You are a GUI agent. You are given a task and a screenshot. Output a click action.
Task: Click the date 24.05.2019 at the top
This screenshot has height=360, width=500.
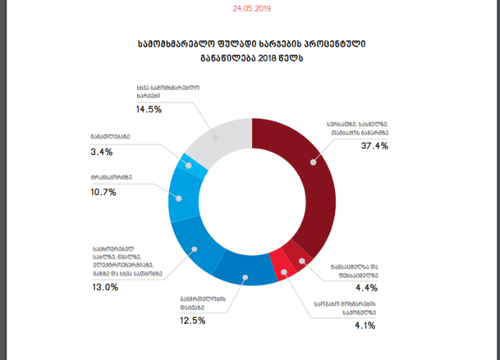click(x=251, y=9)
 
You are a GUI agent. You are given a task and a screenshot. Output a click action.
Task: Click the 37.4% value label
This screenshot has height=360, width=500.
click(x=374, y=146)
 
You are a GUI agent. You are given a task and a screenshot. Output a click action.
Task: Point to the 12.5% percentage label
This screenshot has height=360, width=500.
click(x=191, y=321)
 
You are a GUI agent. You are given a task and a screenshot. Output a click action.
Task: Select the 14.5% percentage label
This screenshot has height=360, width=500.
click(x=149, y=109)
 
